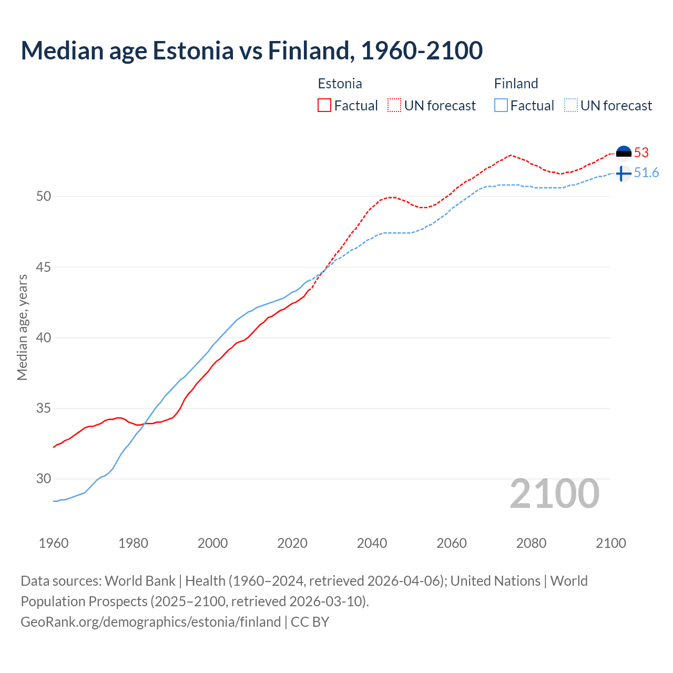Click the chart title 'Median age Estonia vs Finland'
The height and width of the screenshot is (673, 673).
click(251, 51)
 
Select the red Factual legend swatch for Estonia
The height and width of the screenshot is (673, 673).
click(324, 105)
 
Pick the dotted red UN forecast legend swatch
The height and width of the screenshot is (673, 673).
click(394, 105)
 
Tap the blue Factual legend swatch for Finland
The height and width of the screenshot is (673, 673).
click(501, 105)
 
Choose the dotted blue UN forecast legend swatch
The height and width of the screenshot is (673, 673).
click(570, 105)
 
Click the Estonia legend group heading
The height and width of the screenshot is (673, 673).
click(340, 84)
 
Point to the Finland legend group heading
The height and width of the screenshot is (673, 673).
click(516, 84)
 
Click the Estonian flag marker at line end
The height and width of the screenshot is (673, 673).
click(623, 152)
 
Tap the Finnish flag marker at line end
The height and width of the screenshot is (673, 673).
click(623, 173)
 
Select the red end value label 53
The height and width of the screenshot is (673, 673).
click(641, 152)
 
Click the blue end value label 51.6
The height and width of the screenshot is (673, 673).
click(646, 173)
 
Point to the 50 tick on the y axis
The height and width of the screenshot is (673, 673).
click(44, 197)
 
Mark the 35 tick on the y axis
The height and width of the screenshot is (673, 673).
click(44, 409)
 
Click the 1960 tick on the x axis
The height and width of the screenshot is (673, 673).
click(54, 543)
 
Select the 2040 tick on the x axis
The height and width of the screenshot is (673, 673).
click(372, 543)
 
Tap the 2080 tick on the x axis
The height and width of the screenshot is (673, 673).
click(531, 543)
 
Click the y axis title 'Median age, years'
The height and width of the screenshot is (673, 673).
click(22, 327)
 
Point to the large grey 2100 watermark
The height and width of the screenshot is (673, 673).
click(554, 494)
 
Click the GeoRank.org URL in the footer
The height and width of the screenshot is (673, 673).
click(150, 622)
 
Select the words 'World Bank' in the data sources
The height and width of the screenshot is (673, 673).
click(140, 581)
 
